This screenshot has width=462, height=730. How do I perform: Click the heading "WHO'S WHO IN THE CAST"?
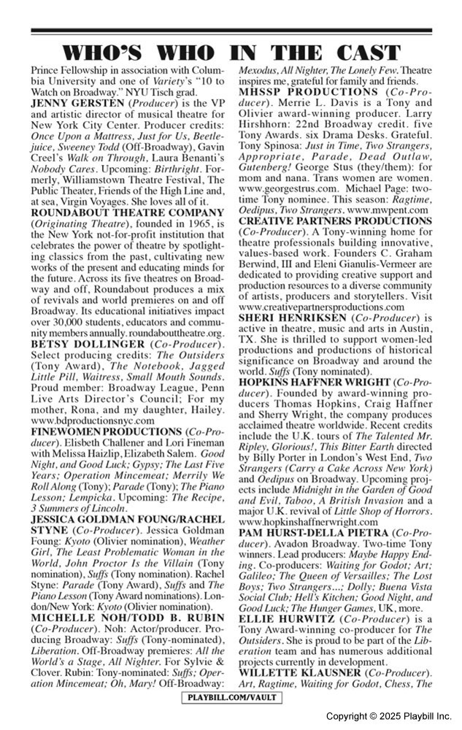[231, 52]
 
